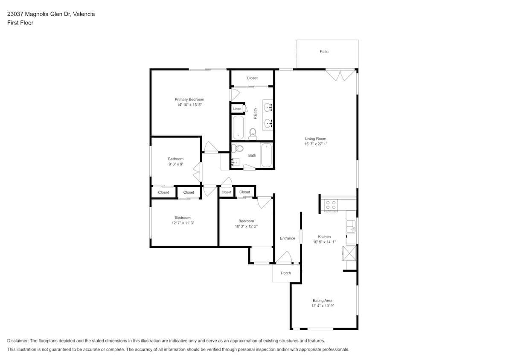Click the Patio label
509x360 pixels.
click(x=324, y=52)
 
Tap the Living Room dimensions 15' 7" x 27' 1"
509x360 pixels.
click(x=315, y=144)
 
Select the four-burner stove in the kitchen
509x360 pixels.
click(x=331, y=205)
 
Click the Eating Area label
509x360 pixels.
click(x=322, y=301)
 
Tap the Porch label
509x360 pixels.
click(x=286, y=273)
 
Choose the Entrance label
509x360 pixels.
click(x=287, y=238)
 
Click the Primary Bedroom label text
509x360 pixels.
click(x=189, y=99)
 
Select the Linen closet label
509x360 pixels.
click(x=237, y=109)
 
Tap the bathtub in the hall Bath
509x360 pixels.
click(x=266, y=156)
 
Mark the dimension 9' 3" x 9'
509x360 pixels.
click(x=175, y=164)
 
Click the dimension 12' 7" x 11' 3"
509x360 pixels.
click(x=183, y=223)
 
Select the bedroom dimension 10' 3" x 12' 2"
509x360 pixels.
click(x=246, y=226)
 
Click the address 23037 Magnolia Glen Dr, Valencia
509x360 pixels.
click(x=51, y=14)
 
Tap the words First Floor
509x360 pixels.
click(x=20, y=23)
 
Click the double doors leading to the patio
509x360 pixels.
click(x=340, y=75)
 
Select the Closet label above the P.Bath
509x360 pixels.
click(x=252, y=78)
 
